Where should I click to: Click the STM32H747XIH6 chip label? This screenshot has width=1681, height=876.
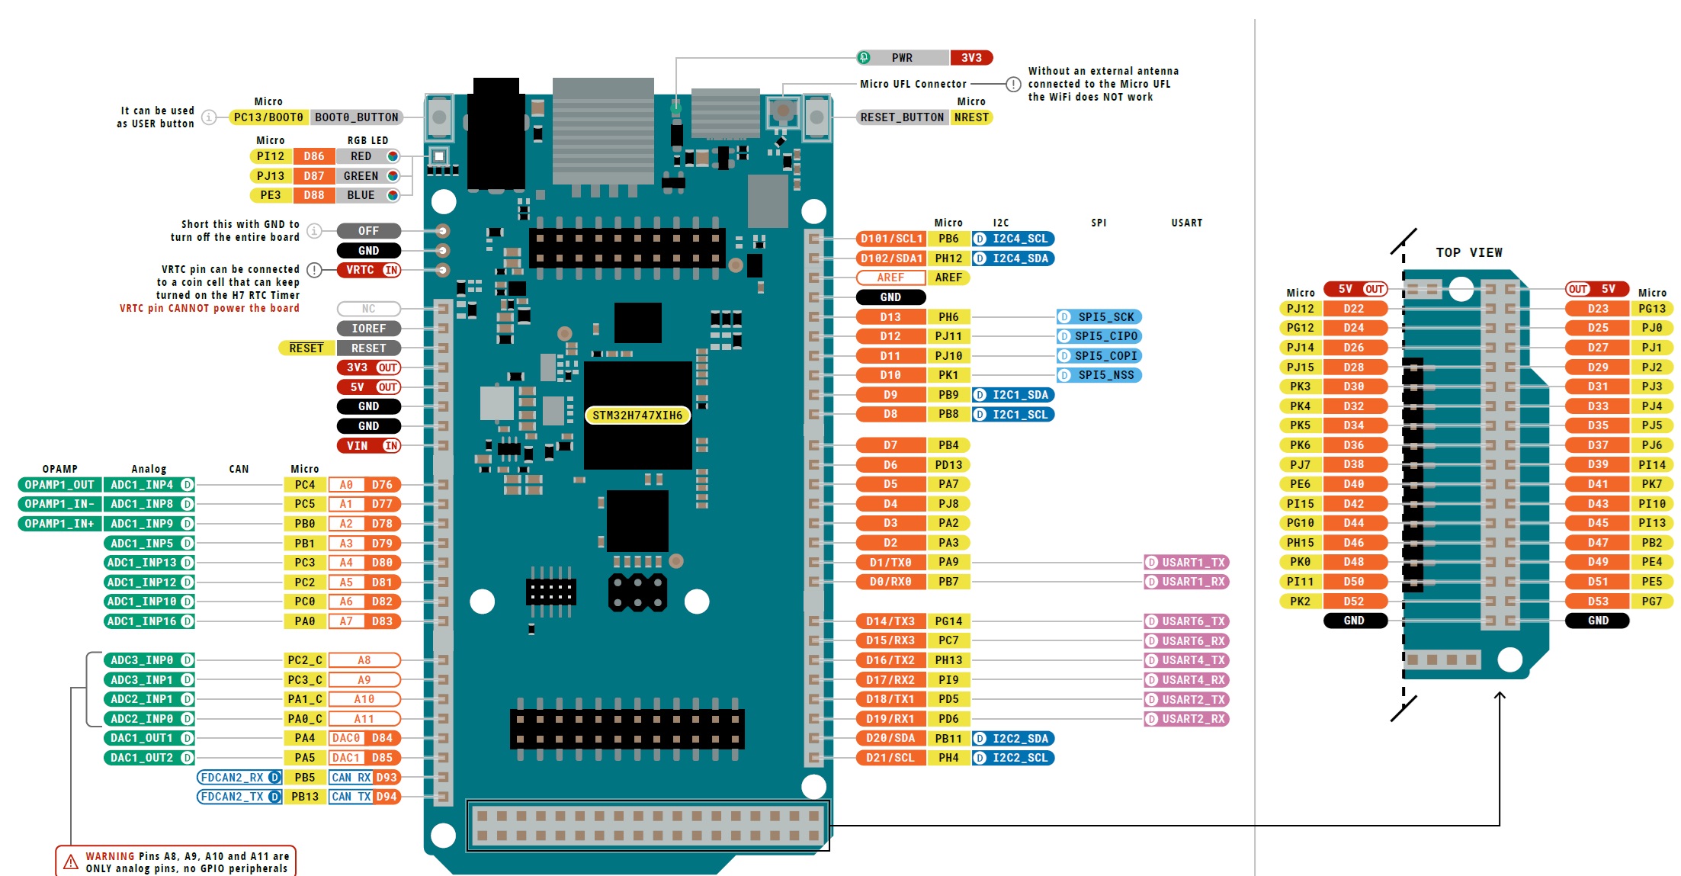[x=637, y=415]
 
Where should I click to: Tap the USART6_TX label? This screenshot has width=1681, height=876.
[x=1186, y=621]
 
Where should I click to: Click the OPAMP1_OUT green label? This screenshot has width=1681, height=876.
[x=59, y=484]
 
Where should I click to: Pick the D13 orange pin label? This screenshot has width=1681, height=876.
[x=890, y=316]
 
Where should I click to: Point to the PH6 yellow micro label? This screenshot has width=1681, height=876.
[x=948, y=316]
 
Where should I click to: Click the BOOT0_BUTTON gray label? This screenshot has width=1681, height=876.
[x=356, y=117]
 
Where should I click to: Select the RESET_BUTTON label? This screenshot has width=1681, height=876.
[x=901, y=117]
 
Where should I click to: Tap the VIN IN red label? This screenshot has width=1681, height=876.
[x=369, y=445]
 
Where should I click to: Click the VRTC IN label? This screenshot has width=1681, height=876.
[x=369, y=270]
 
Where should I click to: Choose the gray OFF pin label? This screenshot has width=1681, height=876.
[x=369, y=230]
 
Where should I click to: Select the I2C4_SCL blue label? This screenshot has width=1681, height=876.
[x=1013, y=239]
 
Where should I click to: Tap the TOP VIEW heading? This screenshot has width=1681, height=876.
[x=1468, y=252]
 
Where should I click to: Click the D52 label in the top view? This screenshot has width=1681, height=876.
[x=1354, y=601]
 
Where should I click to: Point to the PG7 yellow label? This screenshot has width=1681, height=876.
[x=1651, y=601]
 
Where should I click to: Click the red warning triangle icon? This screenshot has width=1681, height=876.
[x=71, y=862]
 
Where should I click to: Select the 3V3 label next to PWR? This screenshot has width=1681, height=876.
[x=971, y=57]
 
